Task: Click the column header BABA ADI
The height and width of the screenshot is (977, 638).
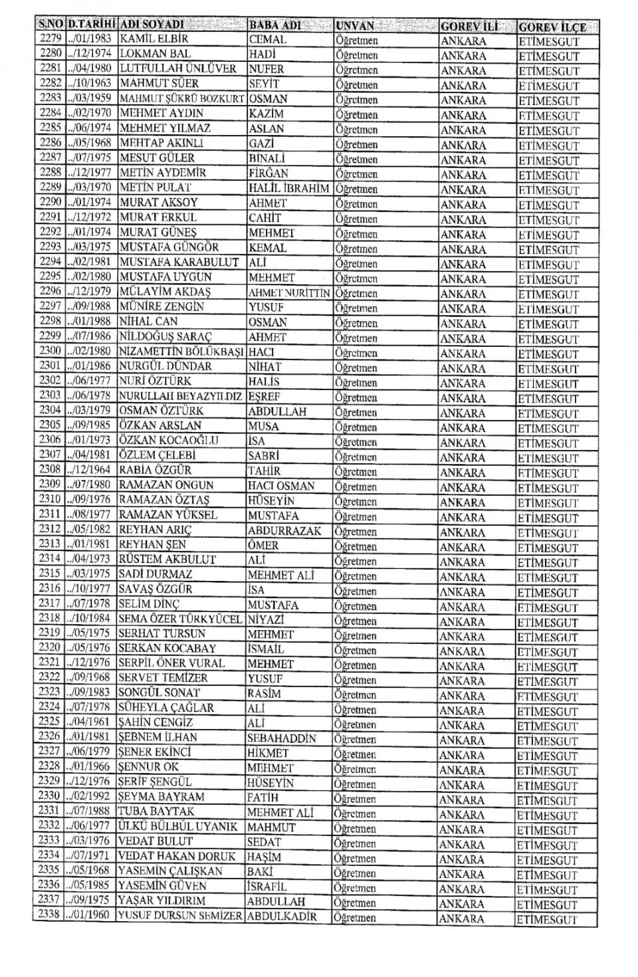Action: click(x=274, y=26)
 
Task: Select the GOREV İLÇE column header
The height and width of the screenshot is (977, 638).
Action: click(x=552, y=27)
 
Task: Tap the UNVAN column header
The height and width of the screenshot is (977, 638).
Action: click(x=355, y=26)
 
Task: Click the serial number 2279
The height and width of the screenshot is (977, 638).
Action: click(x=51, y=39)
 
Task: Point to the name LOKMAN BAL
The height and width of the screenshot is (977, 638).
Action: click(x=155, y=54)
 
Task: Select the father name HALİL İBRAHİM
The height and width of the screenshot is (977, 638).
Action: click(x=288, y=188)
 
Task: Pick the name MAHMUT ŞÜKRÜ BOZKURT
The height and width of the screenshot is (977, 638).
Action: click(x=182, y=98)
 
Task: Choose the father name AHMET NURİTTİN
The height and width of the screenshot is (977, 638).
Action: click(x=289, y=292)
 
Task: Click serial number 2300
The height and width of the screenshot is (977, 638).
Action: click(x=51, y=351)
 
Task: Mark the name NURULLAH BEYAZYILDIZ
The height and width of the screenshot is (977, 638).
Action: click(x=181, y=396)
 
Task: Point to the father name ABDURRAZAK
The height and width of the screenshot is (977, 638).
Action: click(x=284, y=531)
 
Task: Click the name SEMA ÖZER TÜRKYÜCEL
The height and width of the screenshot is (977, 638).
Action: click(x=180, y=619)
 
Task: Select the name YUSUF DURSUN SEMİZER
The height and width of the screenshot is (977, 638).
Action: click(x=180, y=917)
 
